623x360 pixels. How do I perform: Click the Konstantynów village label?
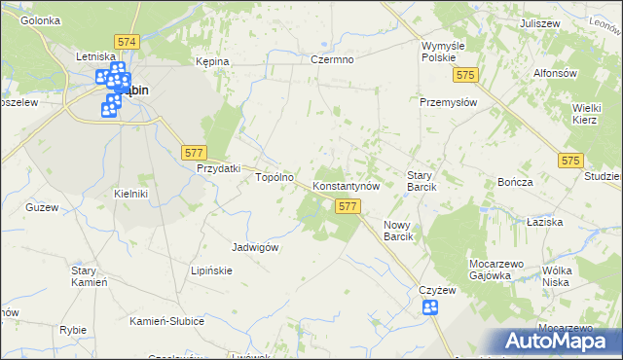(351, 185)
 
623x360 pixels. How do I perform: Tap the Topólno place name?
(275, 178)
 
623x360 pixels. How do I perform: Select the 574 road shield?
(127, 43)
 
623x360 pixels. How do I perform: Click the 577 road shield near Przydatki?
(193, 152)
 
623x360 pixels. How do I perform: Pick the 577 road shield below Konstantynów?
(348, 206)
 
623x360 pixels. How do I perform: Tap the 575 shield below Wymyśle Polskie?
(468, 75)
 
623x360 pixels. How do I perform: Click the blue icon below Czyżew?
(430, 308)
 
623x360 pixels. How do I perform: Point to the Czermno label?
(332, 59)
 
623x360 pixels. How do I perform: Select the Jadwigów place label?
(256, 247)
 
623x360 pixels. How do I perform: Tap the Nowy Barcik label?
(399, 231)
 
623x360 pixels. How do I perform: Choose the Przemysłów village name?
(447, 101)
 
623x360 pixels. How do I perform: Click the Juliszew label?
(539, 21)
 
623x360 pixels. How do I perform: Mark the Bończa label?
(515, 183)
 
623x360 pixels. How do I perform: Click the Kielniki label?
(130, 194)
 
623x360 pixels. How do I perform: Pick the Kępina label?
(212, 61)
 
